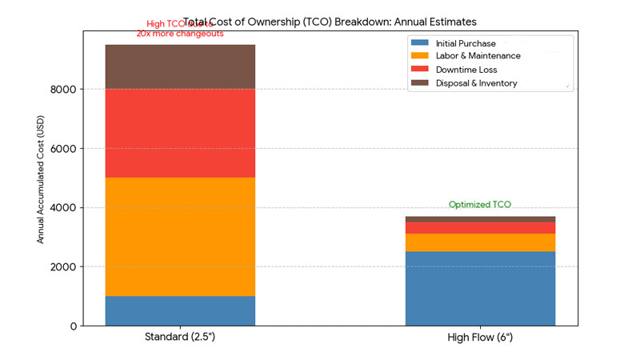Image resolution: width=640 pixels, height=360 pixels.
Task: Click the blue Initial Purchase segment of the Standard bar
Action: pyautogui.click(x=180, y=310)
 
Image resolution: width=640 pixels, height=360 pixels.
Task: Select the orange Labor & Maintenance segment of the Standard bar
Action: pyautogui.click(x=180, y=237)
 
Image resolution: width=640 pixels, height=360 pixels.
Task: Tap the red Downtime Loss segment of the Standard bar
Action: pyautogui.click(x=180, y=133)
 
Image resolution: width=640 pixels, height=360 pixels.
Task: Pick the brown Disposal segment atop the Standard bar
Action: pyautogui.click(x=180, y=66)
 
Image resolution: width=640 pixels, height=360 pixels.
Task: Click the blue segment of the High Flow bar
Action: pyautogui.click(x=480, y=288)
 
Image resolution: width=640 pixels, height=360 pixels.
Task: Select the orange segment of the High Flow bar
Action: pyautogui.click(x=480, y=242)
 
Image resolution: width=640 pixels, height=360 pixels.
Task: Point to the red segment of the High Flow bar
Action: pyautogui.click(x=480, y=228)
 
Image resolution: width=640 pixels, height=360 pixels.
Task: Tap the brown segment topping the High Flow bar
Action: pyautogui.click(x=480, y=219)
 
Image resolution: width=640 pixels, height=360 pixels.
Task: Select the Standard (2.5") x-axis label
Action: pyautogui.click(x=180, y=338)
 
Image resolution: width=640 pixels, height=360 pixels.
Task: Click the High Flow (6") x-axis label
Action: pyautogui.click(x=480, y=338)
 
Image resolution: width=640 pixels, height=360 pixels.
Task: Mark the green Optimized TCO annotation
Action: pyautogui.click(x=480, y=205)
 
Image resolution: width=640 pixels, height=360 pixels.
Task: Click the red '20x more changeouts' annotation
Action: pyautogui.click(x=180, y=34)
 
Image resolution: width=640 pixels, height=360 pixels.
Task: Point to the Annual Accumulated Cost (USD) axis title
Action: pyautogui.click(x=41, y=178)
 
